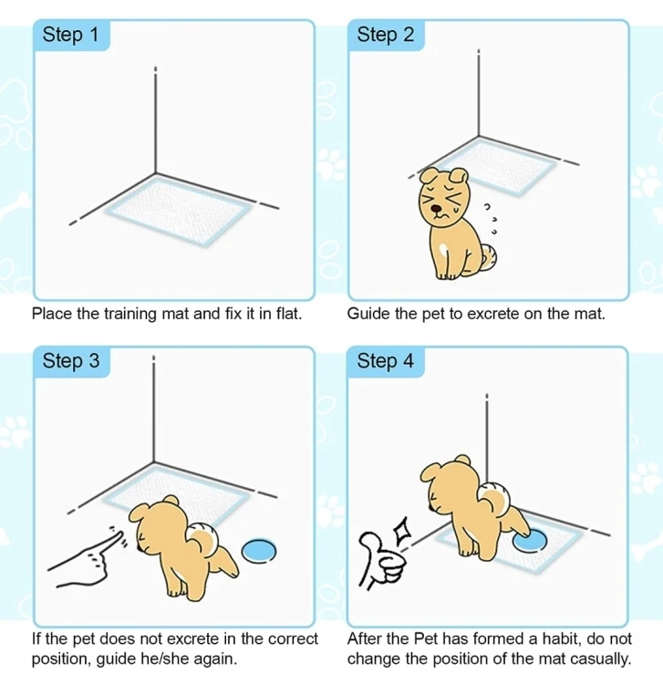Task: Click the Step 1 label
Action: pos(70,35)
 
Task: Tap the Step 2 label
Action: pos(385,35)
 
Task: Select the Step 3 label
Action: pos(70,361)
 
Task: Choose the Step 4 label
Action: pos(385,361)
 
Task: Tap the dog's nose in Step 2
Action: pos(436,209)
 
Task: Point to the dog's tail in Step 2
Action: pos(489,257)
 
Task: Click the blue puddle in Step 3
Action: pos(259,551)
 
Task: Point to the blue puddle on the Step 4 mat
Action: pos(531,541)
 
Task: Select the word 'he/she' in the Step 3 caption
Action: pos(165,658)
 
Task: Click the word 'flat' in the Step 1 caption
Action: pos(289,314)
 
